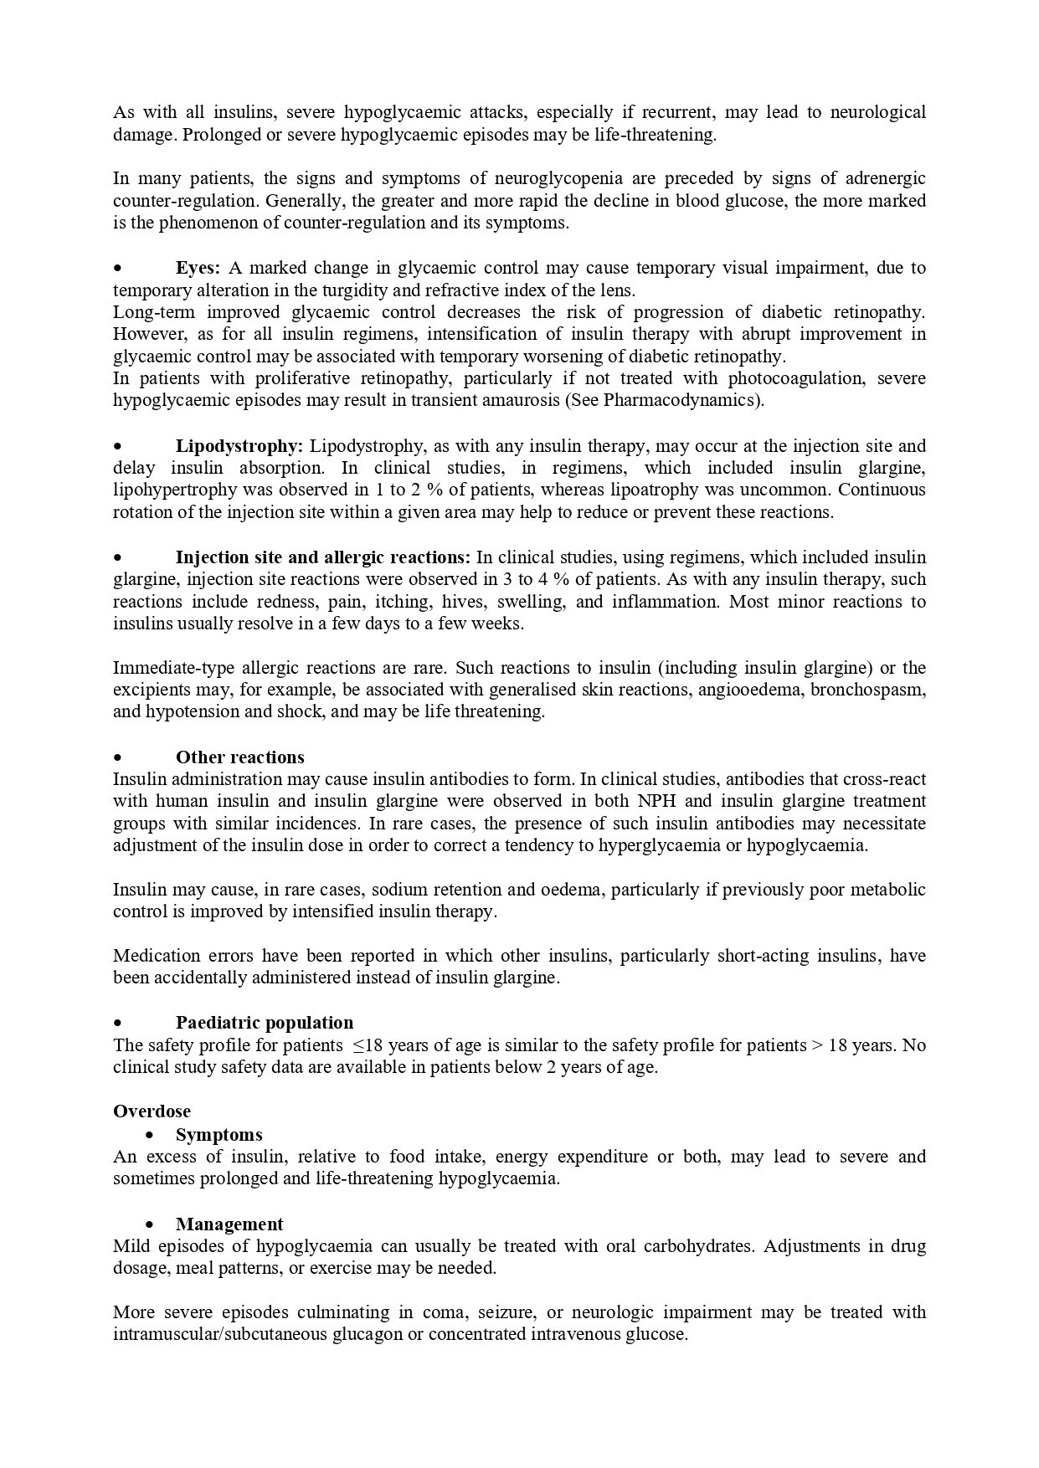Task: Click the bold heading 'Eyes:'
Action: point(198,268)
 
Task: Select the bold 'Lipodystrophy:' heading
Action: point(239,446)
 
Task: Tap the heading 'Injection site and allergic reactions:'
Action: point(323,557)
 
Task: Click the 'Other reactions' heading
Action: point(239,757)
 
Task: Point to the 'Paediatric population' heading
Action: point(265,1023)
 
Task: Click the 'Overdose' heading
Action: point(152,1111)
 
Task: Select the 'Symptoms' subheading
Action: point(219,1135)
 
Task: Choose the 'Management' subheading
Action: point(229,1224)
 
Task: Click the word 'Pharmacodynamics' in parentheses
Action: point(681,400)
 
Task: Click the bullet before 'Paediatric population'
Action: point(119,1023)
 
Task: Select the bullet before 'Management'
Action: point(150,1224)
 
